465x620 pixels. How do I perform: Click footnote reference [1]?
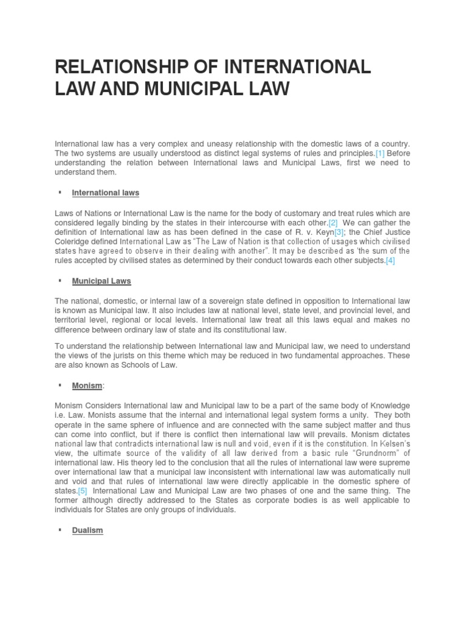pos(380,153)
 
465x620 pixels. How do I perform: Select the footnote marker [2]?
pos(333,222)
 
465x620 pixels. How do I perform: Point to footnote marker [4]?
pos(391,261)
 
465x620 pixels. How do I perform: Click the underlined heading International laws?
pos(105,193)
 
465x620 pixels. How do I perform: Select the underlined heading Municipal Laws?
pos(101,281)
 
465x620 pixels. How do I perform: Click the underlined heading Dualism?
pos(87,530)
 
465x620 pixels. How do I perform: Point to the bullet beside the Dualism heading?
pos(61,530)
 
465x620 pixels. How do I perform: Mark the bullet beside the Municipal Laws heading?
pos(61,281)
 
